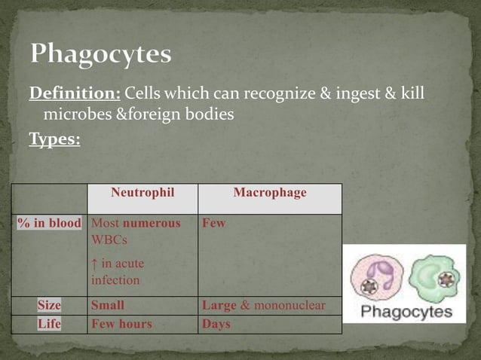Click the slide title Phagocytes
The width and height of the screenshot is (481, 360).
[101, 55]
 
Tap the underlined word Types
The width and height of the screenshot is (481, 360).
[54, 139]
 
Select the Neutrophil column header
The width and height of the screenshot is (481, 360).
[142, 193]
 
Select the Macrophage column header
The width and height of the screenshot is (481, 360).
[269, 193]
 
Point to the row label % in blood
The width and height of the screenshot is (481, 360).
[50, 224]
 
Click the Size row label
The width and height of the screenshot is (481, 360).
[50, 306]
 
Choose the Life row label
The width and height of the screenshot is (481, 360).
[50, 324]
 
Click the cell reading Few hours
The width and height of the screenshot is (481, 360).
[121, 324]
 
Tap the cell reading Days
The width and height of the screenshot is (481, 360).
[216, 324]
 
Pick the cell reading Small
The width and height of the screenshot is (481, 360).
[108, 306]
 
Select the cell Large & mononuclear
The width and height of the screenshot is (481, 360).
[263, 306]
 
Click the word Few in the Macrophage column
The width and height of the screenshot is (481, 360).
[213, 224]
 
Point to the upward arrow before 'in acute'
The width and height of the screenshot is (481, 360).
[93, 264]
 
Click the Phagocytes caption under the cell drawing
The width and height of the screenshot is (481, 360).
[406, 311]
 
